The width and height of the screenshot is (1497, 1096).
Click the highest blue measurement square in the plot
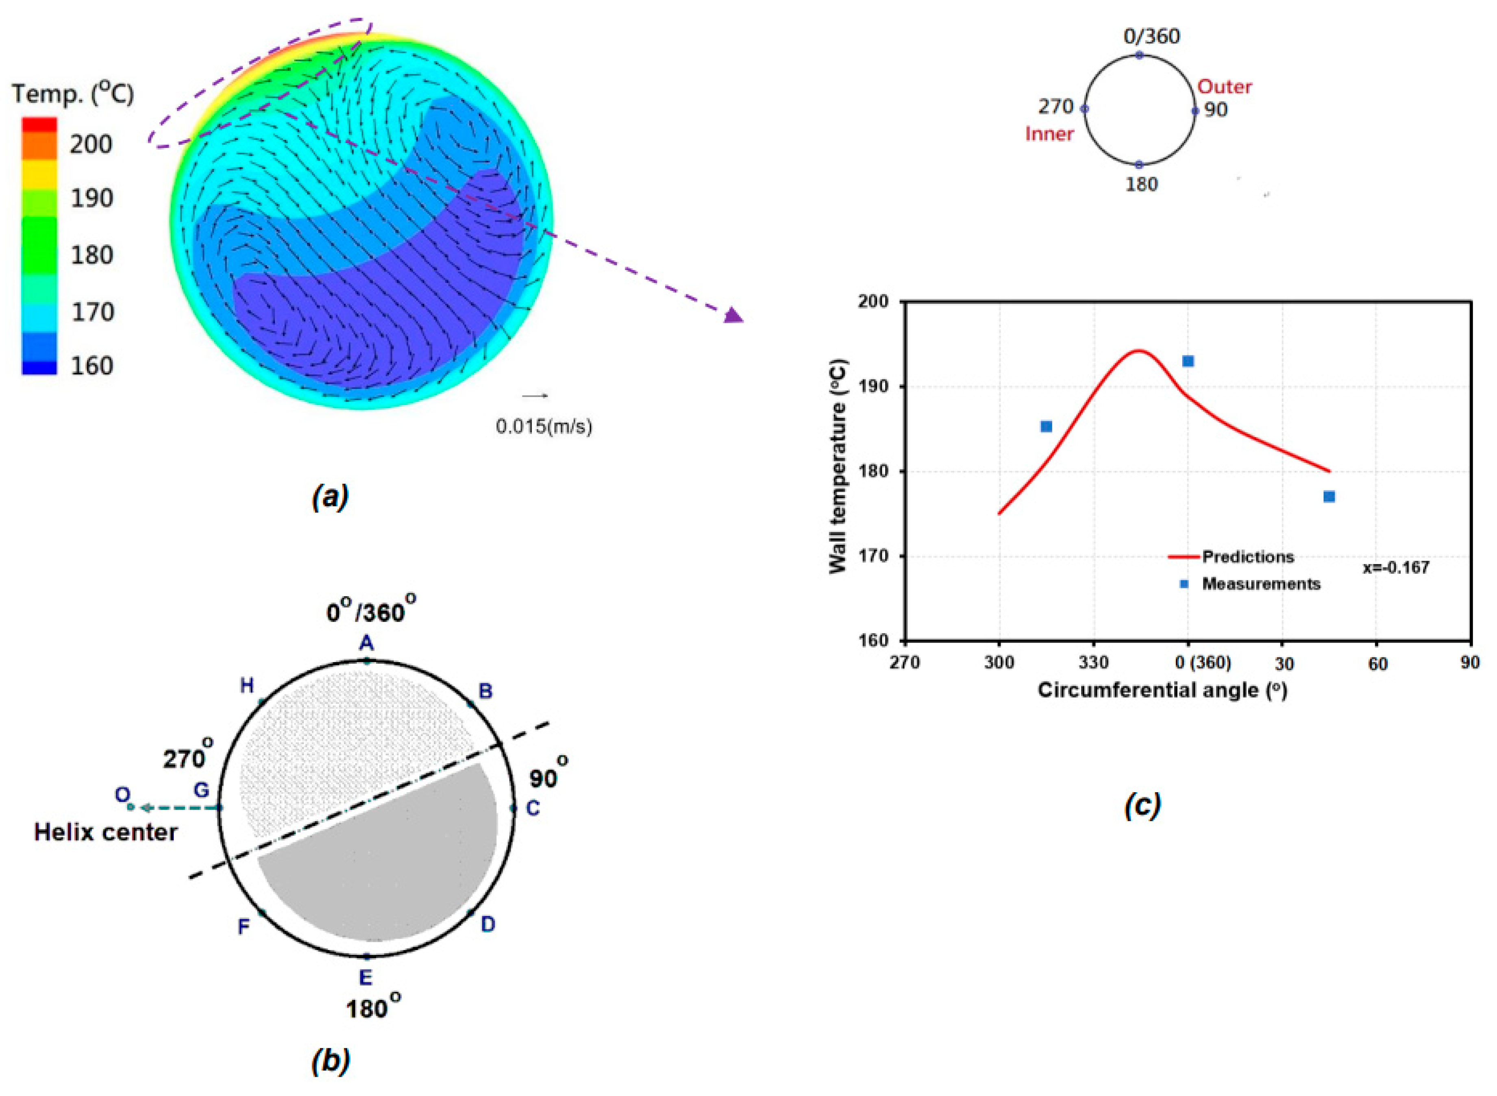point(1188,361)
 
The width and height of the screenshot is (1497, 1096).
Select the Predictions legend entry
point(1247,557)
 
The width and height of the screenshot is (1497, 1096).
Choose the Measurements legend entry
point(1260,584)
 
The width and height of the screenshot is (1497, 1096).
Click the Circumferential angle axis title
point(1162,690)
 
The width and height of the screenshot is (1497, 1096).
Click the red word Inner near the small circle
point(1049,134)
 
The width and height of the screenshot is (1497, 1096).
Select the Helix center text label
point(106,832)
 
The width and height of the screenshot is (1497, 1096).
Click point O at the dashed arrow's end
point(130,807)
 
